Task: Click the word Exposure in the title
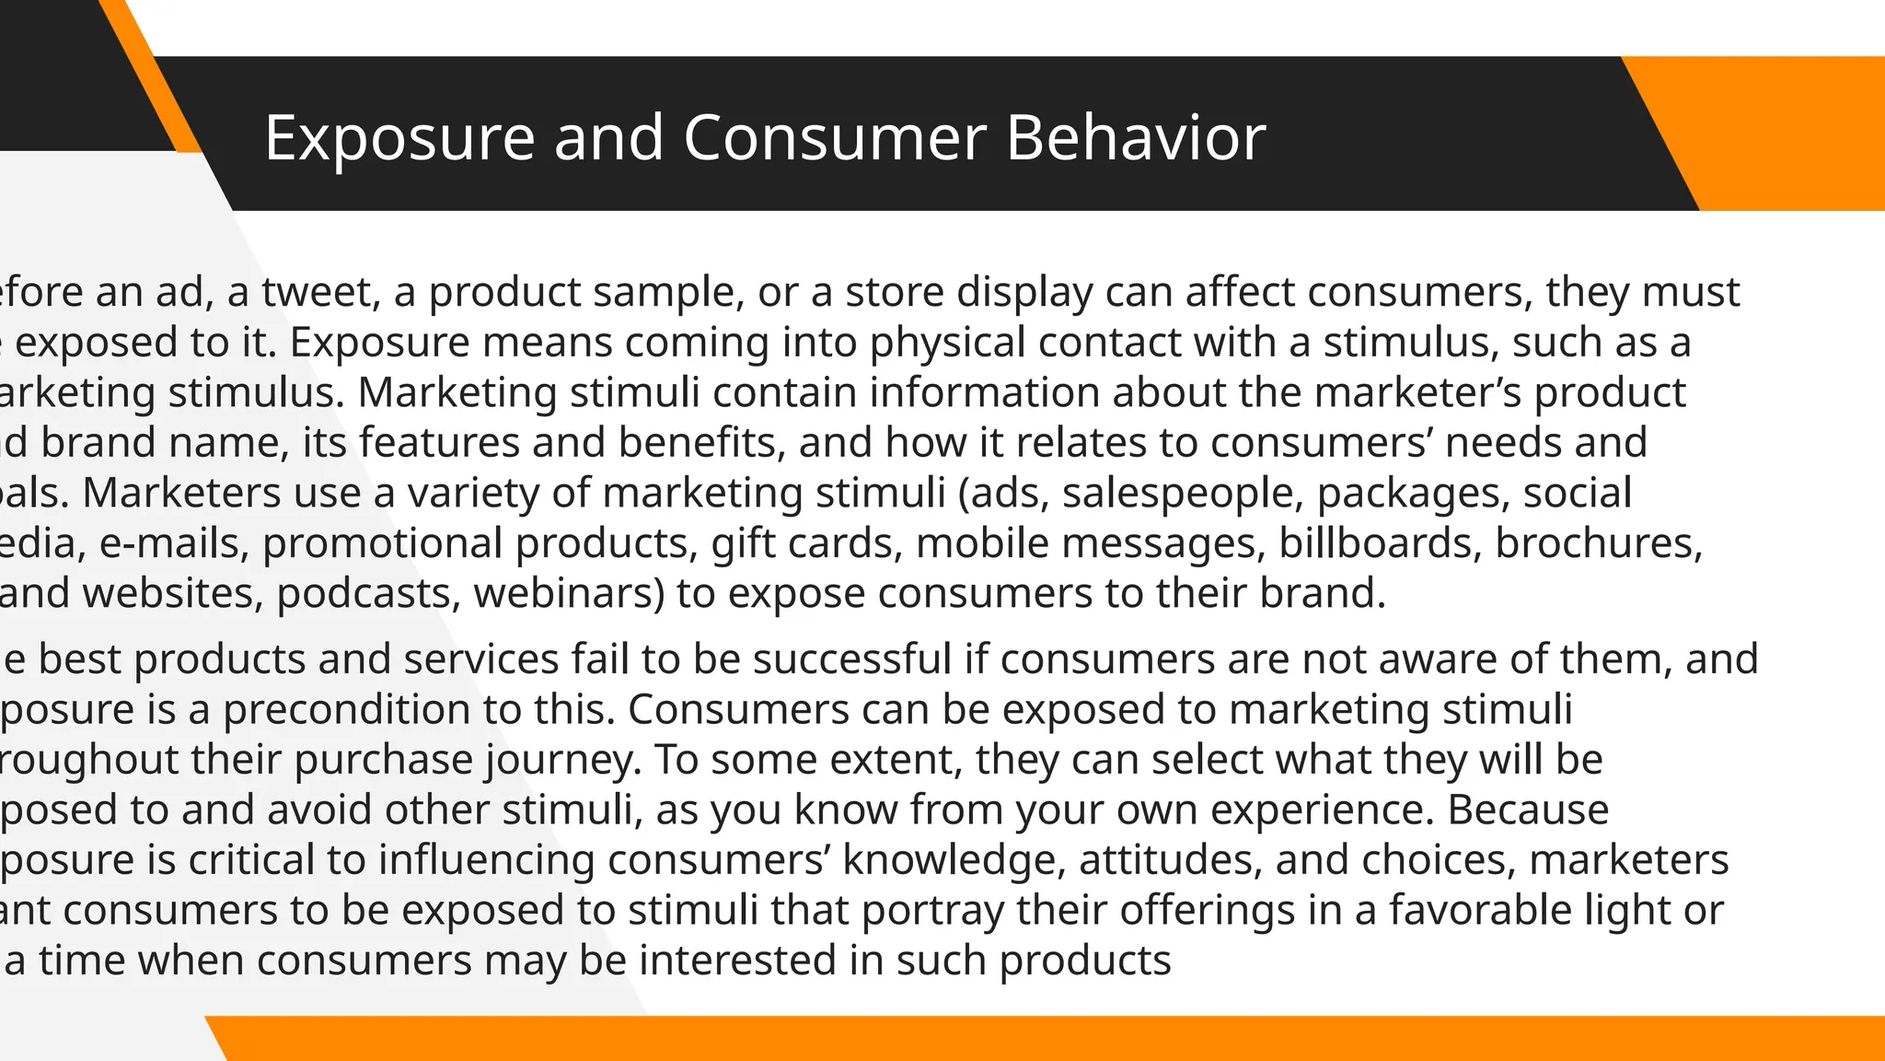click(x=399, y=138)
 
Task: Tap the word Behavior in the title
click(x=1135, y=138)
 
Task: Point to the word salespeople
click(x=1183, y=493)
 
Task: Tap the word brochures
click(x=1598, y=542)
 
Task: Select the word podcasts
click(x=368, y=593)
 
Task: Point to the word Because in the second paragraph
click(x=1528, y=810)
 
